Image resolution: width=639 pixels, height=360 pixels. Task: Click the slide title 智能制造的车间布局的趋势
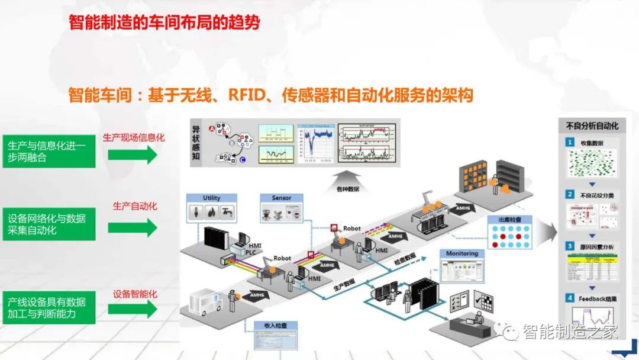point(164,23)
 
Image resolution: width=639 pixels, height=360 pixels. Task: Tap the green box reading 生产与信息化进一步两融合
point(48,151)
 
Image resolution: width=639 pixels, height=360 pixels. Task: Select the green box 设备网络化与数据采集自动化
point(48,224)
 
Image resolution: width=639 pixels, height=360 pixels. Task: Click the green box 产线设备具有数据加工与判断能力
point(48,307)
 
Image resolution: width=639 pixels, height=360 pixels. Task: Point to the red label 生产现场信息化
point(134,137)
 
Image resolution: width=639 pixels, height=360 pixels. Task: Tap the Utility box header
point(211,198)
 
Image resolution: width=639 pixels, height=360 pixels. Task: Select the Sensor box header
point(281,198)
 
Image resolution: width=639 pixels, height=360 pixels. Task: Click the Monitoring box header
point(461,253)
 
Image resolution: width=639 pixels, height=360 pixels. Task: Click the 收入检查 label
point(272,326)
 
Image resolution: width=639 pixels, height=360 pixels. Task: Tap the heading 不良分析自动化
point(592,126)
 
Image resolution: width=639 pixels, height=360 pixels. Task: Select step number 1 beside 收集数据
point(569,142)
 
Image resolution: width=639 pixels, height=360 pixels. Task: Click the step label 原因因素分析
point(596,245)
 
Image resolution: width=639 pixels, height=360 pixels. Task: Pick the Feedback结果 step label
point(597,298)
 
